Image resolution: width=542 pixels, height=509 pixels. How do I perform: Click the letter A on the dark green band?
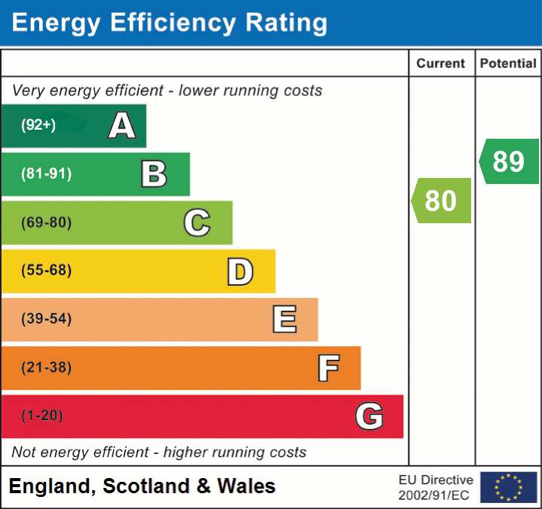point(122,126)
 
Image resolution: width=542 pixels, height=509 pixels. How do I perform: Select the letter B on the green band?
point(154,174)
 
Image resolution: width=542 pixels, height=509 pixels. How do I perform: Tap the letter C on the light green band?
point(197,222)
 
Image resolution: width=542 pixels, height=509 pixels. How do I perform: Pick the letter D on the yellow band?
point(240,271)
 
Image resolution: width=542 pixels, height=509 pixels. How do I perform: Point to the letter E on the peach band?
point(283,319)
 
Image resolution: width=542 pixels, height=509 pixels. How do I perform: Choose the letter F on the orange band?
point(327,368)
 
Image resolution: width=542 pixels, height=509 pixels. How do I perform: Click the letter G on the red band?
point(369,416)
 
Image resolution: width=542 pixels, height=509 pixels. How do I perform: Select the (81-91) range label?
point(46,174)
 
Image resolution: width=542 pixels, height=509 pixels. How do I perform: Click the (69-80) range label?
point(46,222)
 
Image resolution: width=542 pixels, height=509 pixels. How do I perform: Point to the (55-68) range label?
point(46,271)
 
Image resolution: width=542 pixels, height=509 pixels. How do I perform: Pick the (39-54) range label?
point(46,319)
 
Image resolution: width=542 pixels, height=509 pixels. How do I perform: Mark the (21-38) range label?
point(46,368)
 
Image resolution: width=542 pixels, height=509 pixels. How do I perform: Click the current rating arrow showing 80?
point(442,201)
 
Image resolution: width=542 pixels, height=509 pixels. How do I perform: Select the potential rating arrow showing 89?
point(510,161)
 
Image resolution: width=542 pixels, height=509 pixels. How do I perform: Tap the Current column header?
point(441,64)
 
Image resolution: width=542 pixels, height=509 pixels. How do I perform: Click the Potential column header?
point(508,64)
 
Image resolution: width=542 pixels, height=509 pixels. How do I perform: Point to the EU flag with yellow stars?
point(508,487)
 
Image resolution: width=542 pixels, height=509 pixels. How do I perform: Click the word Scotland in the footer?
point(146,486)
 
